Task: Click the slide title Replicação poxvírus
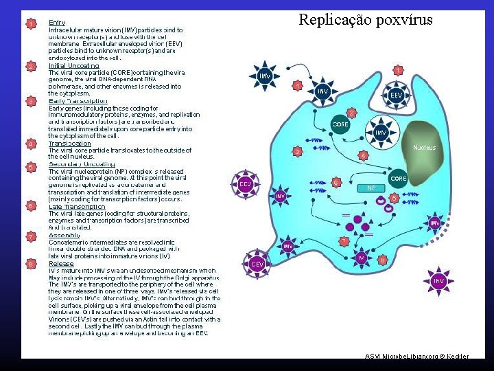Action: (x=365, y=19)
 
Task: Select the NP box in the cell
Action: (x=370, y=188)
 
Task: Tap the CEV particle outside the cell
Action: (x=258, y=263)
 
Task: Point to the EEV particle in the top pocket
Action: (x=396, y=95)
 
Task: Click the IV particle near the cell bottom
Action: (x=362, y=257)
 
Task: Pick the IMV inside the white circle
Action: (x=381, y=132)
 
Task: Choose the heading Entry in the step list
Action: (x=57, y=23)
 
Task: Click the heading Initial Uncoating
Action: (x=73, y=65)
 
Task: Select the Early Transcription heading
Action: (x=78, y=100)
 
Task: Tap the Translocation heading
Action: (x=69, y=143)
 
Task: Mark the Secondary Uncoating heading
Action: (x=82, y=164)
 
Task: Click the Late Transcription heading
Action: (x=76, y=206)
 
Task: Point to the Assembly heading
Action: (x=64, y=235)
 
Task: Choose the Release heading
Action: (x=61, y=263)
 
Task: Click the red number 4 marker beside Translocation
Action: (x=31, y=144)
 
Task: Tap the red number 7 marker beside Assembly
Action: (x=31, y=237)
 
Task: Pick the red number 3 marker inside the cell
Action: (x=297, y=150)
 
